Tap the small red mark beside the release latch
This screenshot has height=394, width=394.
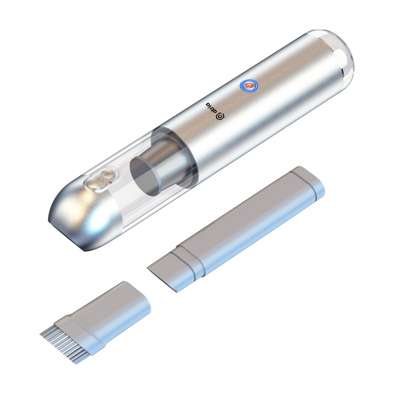[x=110, y=184]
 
